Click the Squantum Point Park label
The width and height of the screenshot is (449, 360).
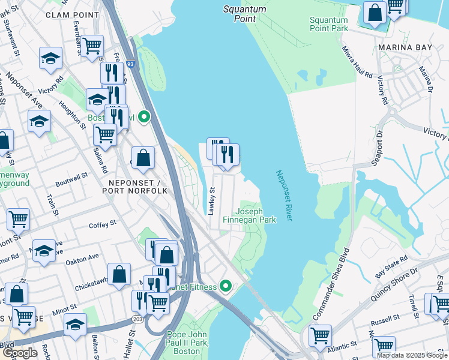point(328,24)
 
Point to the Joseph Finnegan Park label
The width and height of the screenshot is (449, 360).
point(255,215)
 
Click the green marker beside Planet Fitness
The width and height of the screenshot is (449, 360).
point(226,286)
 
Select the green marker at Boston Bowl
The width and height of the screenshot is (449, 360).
point(143,117)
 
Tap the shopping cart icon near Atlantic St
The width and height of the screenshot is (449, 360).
point(320,335)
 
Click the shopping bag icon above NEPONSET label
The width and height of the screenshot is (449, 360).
point(143,158)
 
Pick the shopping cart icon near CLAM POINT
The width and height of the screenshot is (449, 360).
point(92,46)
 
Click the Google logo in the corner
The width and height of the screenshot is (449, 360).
point(20,353)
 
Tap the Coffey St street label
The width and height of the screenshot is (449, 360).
point(102,224)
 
